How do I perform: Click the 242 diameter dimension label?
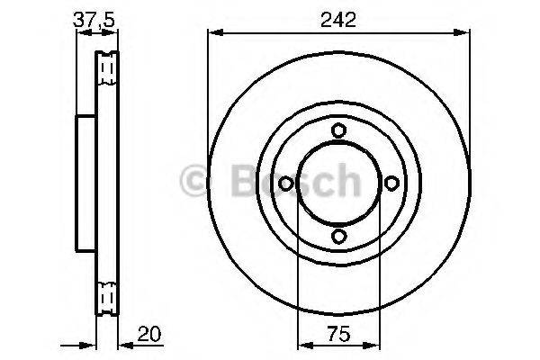[x=338, y=19]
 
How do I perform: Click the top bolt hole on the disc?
[x=338, y=130]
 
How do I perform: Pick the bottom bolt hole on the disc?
[x=338, y=236]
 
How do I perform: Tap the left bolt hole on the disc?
[x=286, y=184]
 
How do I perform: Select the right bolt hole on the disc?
[x=391, y=184]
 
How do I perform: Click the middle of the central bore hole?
[x=338, y=184]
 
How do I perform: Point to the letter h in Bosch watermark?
[x=346, y=183]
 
